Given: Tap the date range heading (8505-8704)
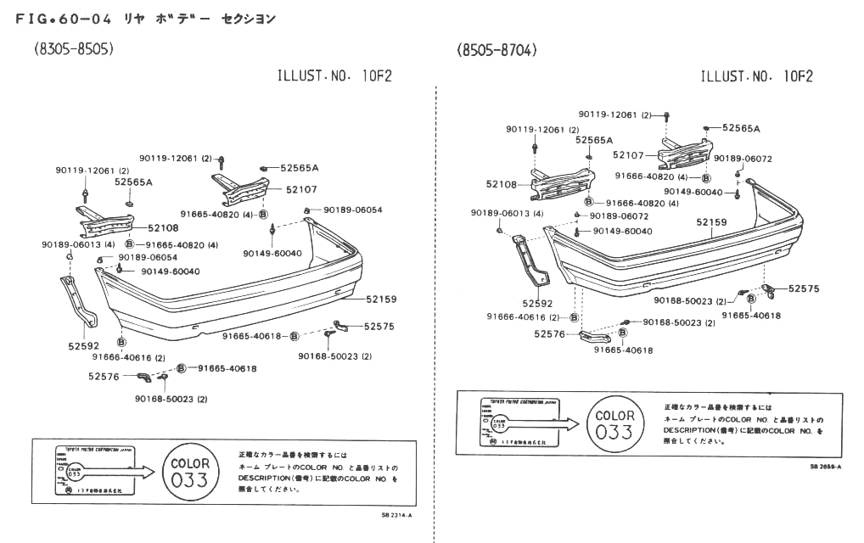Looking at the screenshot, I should point(497,50).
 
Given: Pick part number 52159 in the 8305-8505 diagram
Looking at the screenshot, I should point(381,299).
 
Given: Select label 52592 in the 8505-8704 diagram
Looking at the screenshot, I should point(537,303).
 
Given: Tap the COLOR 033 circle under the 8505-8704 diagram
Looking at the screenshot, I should point(615,423).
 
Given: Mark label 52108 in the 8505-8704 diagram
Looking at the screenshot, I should point(502,184).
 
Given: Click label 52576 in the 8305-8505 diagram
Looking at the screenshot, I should point(104,377).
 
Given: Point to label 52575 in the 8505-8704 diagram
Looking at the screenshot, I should point(803,288).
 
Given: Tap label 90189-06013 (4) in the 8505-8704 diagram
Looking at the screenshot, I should point(507,213).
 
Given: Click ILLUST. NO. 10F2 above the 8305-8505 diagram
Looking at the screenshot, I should point(335,76).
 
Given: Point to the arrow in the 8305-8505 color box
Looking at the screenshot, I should point(132,471).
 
